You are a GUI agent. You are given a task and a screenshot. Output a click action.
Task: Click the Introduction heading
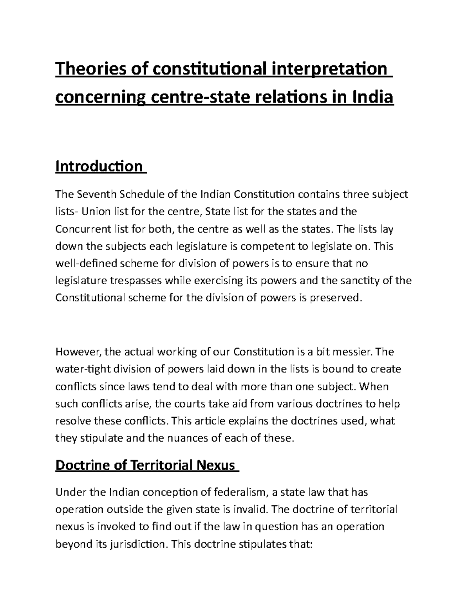pyautogui.click(x=99, y=166)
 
